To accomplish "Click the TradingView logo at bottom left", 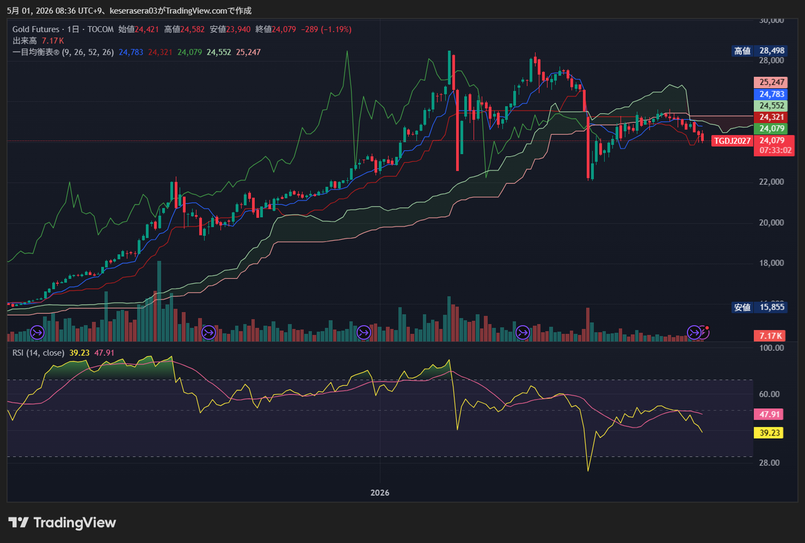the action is (62, 522).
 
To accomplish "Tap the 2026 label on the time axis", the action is (380, 493).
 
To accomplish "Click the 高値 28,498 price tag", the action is (759, 51).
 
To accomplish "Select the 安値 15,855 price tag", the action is (759, 307).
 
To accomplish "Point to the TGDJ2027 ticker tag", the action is (732, 140).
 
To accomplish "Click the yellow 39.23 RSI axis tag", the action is (769, 433).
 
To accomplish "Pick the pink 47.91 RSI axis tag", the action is (769, 414).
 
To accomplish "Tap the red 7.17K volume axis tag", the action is (769, 336).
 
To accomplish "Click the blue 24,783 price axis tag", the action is (771, 94).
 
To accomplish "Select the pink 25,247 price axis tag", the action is (771, 82).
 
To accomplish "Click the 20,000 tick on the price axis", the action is (771, 223).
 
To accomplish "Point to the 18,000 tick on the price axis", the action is (771, 263).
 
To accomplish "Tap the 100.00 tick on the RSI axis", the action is (771, 348).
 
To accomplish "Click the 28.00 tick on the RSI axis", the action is (769, 462).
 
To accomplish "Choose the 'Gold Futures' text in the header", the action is (36, 29).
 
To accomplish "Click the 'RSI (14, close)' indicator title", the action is (38, 353).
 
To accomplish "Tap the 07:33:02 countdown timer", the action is (775, 150).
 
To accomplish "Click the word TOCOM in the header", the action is (100, 29).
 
